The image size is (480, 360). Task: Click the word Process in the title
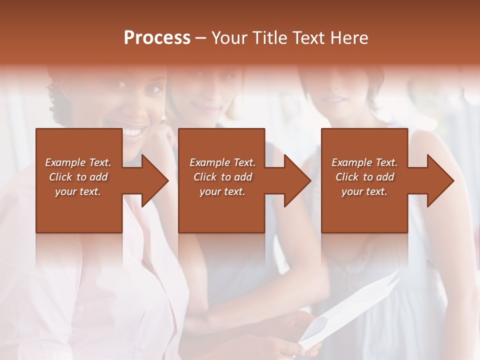click(157, 38)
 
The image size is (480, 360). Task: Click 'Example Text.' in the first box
click(78, 162)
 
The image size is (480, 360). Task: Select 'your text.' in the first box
click(78, 191)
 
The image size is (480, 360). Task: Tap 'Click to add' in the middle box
click(222, 177)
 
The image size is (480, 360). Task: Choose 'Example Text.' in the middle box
click(222, 162)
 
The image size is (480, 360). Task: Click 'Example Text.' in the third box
click(364, 162)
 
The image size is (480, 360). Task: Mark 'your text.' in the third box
click(364, 191)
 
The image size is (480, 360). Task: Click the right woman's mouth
click(330, 99)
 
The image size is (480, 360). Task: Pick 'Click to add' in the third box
click(364, 177)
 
